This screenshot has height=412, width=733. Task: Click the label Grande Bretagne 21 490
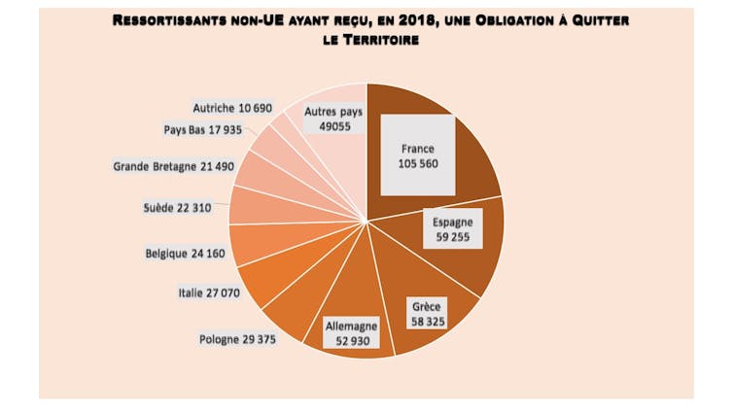pyautogui.click(x=174, y=166)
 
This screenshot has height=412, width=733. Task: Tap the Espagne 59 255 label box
pyautogui.click(x=453, y=230)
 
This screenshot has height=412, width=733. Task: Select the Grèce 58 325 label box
pyautogui.click(x=424, y=313)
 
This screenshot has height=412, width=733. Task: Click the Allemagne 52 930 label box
pyautogui.click(x=350, y=333)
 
